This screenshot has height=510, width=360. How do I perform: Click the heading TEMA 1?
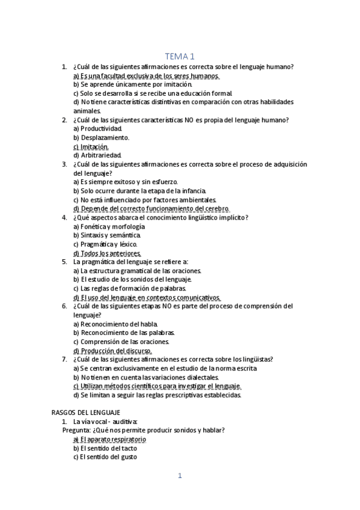pyautogui.click(x=180, y=56)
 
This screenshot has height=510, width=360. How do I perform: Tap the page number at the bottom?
pyautogui.click(x=179, y=476)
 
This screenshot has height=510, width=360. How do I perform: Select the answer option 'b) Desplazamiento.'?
pyautogui.click(x=101, y=137)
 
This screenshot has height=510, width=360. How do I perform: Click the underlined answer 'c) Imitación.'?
pyautogui.click(x=91, y=146)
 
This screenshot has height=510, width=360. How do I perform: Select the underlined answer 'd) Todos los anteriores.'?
pyautogui.click(x=107, y=253)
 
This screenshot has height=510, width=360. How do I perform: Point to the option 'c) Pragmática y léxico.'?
pyautogui.click(x=105, y=244)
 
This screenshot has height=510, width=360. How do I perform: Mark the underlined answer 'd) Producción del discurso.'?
pyautogui.click(x=112, y=351)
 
